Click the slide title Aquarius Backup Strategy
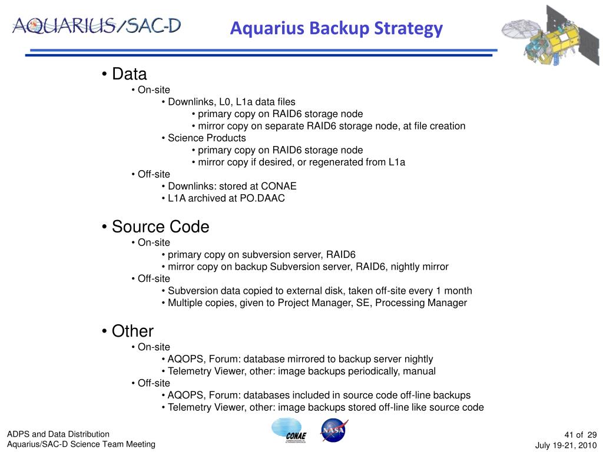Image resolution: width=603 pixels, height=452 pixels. point(336,28)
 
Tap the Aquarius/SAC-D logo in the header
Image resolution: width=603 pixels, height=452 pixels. point(97,25)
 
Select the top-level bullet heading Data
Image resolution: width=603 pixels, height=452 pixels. point(129,74)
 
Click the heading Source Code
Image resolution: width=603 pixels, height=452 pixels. point(160,227)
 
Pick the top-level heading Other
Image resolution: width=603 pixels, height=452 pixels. point(132,331)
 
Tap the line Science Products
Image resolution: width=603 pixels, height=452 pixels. point(207,138)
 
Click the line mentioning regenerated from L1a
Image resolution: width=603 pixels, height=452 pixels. point(301,162)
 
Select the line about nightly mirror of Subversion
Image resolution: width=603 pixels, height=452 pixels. point(308,267)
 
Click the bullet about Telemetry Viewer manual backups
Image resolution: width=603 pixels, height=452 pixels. point(301,371)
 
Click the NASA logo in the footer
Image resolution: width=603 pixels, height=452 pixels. point(333,430)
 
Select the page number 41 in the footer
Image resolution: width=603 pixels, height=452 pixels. point(569,434)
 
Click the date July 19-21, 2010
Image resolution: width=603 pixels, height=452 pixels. point(566,445)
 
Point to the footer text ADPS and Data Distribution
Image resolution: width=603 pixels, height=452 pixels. point(58,434)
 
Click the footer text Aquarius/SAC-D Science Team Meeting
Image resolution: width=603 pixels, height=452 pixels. point(81,444)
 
